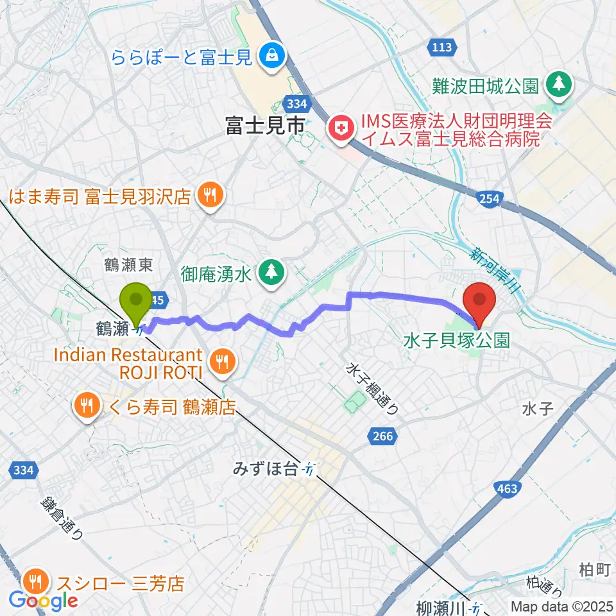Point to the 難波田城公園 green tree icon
[x=558, y=85]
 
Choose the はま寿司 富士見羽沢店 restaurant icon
[x=209, y=194]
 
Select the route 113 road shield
[x=442, y=47]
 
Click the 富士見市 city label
[x=264, y=126]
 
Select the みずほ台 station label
[x=266, y=470]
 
